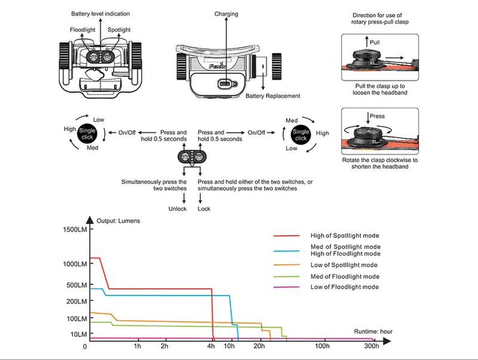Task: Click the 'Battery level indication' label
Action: pyautogui.click(x=100, y=14)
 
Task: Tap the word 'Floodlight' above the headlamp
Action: pyautogui.click(x=82, y=29)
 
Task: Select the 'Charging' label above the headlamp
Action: pyautogui.click(x=226, y=14)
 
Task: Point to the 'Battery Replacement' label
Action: pyautogui.click(x=273, y=96)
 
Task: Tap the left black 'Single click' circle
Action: pyautogui.click(x=87, y=133)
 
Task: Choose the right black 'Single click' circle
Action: pyautogui.click(x=301, y=135)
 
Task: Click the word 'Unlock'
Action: pyautogui.click(x=177, y=209)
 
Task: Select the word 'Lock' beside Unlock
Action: pyautogui.click(x=204, y=209)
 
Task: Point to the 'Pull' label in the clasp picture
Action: pyautogui.click(x=375, y=42)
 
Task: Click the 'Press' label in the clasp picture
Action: pyautogui.click(x=377, y=116)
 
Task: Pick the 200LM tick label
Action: pyautogui.click(x=76, y=301)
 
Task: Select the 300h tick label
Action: pyautogui.click(x=372, y=346)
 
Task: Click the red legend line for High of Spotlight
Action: pyautogui.click(x=287, y=236)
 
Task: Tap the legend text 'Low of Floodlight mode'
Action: pyautogui.click(x=345, y=287)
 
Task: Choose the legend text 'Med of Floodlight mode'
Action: pyautogui.click(x=345, y=277)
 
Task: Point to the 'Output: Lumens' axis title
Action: pyautogui.click(x=118, y=221)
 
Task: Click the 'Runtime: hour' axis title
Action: pyautogui.click(x=373, y=331)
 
